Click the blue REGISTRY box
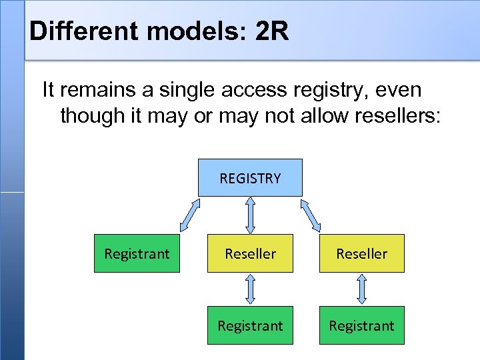[250, 177]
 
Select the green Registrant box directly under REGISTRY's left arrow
[137, 253]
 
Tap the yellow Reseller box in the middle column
[250, 253]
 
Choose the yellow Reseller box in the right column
[362, 253]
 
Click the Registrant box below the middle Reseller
[250, 325]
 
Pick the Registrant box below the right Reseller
[362, 325]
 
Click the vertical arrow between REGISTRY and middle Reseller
[250, 215]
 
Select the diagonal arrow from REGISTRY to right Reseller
[311, 215]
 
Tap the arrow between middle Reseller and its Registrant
[250, 289]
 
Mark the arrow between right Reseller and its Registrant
[362, 289]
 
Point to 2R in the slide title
[272, 31]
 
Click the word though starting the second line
[88, 115]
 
